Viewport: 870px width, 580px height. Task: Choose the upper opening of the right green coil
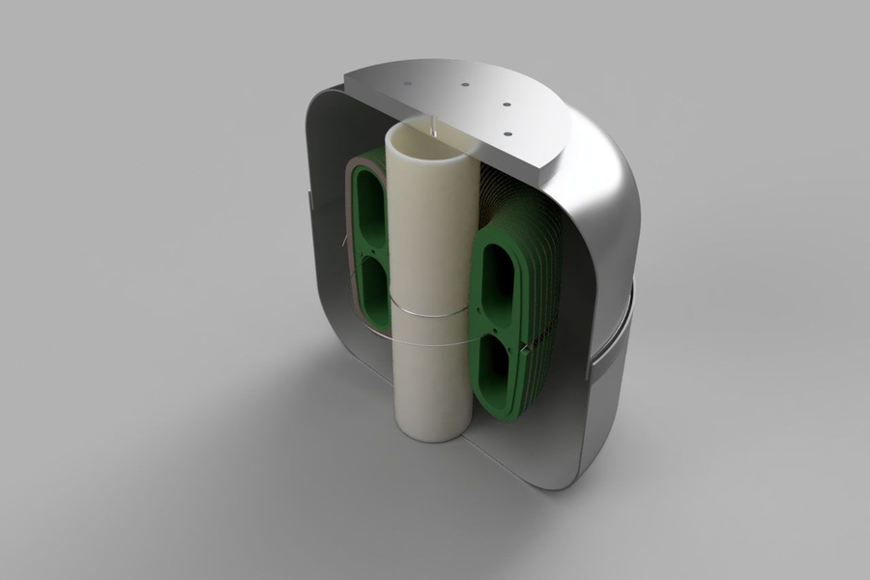(x=502, y=276)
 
